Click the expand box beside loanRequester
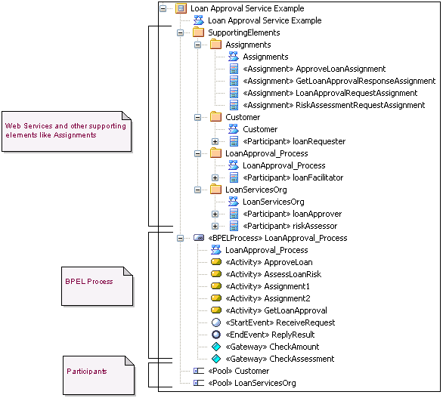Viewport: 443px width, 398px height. point(215,141)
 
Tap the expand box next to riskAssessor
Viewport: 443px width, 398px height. point(215,226)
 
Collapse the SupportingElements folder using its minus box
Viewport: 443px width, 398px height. point(180,32)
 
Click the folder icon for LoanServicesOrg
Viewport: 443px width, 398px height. point(215,190)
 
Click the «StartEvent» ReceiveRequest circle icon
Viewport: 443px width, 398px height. point(215,322)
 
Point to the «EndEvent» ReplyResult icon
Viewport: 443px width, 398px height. point(215,335)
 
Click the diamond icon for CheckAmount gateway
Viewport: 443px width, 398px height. point(215,347)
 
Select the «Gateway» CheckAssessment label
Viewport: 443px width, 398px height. point(280,359)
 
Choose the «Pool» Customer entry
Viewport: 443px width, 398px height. point(238,371)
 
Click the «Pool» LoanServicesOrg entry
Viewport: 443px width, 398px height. point(252,383)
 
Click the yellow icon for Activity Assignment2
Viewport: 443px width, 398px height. point(215,298)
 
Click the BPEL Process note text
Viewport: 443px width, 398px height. point(89,282)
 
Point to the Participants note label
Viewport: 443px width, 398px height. point(87,372)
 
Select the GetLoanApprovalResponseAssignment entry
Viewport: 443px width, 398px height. point(339,81)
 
